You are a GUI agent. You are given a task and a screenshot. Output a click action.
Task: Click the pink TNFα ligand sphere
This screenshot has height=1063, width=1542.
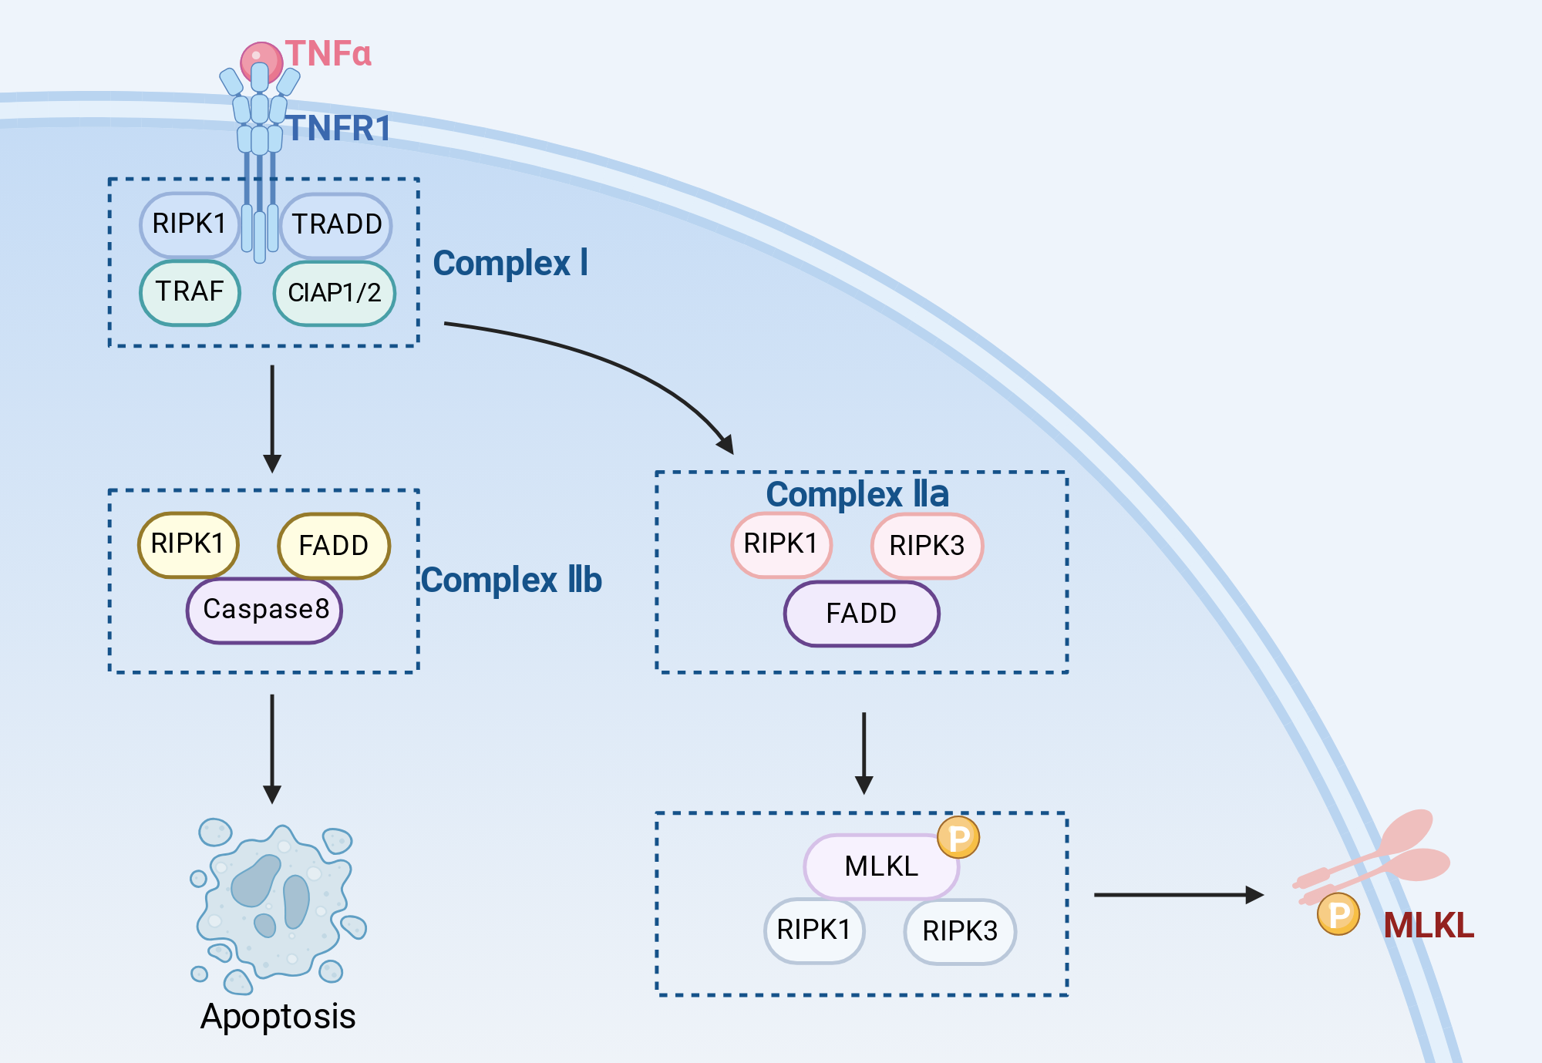[x=261, y=62]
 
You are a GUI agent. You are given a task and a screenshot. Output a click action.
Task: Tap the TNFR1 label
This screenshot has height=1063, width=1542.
[x=340, y=128]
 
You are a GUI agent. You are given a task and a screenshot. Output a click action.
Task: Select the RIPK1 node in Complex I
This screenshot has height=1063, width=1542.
[x=190, y=224]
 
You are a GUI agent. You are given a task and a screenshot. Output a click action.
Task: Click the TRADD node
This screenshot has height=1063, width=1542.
[x=336, y=225]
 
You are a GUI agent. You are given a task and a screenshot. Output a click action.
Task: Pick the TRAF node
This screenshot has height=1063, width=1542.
[x=190, y=292]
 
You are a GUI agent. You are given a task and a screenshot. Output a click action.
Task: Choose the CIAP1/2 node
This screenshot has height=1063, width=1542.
[x=335, y=293]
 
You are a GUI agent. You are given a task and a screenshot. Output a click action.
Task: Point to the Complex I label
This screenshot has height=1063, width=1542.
[x=510, y=264]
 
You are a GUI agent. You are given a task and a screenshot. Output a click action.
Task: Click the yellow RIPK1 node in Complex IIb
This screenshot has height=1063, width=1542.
[x=188, y=544]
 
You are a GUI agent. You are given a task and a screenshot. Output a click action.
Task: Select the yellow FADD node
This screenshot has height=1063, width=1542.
[x=334, y=546]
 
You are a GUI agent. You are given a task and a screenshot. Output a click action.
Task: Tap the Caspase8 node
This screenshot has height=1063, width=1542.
[x=264, y=610]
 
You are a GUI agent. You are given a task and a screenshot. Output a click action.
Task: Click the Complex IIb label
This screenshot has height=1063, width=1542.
[x=512, y=580]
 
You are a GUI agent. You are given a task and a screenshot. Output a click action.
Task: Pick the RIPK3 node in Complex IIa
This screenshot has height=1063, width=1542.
[x=928, y=546]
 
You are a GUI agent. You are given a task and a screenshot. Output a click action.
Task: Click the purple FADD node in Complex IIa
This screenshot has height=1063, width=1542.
[x=862, y=614]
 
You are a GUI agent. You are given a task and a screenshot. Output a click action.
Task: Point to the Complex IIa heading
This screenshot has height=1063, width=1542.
[x=857, y=494]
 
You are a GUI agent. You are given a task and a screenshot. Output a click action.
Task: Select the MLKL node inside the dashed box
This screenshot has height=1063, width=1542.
[x=881, y=866]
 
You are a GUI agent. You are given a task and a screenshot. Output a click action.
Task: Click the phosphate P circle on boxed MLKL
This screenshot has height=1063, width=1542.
[x=958, y=837]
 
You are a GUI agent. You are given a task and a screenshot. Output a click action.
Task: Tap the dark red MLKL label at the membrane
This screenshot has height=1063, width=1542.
[x=1429, y=925]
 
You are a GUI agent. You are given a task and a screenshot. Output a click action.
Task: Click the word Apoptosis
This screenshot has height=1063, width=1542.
[x=278, y=1017]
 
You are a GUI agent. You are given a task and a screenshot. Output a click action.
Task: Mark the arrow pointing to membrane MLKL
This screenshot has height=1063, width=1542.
[x=1179, y=895]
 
